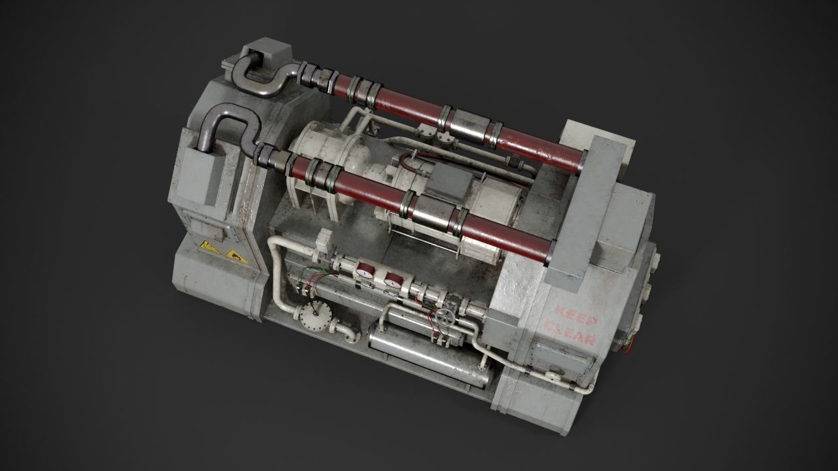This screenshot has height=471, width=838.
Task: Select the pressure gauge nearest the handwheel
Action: click(393, 279)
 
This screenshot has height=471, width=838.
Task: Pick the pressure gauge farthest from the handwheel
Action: click(365, 270)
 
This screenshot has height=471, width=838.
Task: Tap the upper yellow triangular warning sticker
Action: click(209, 247)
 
